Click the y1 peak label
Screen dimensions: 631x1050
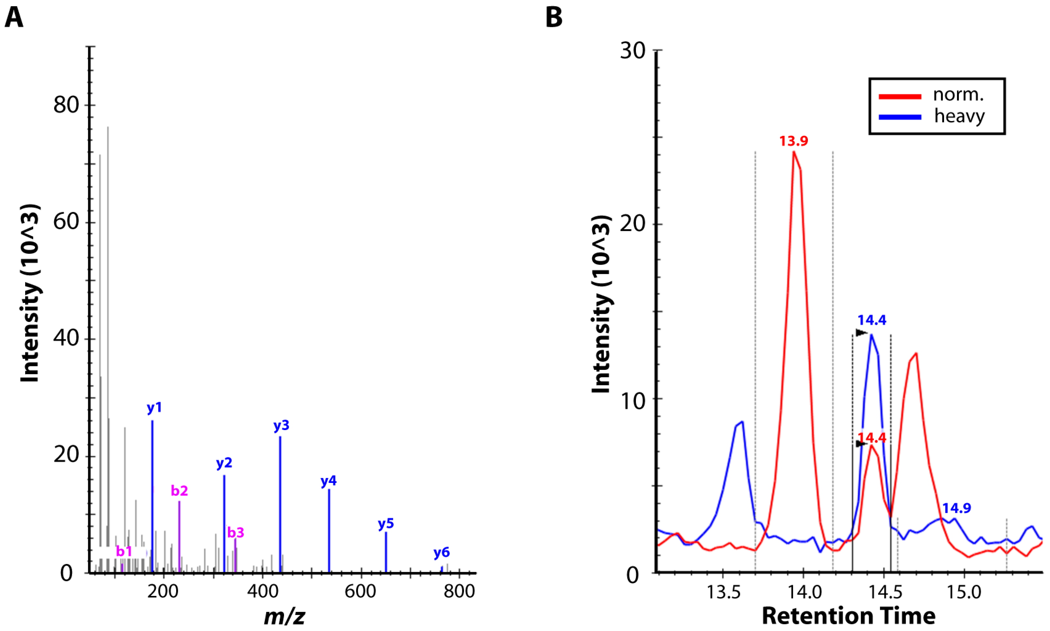click(x=154, y=408)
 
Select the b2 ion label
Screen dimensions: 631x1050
click(x=179, y=491)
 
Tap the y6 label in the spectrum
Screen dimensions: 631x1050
click(x=441, y=552)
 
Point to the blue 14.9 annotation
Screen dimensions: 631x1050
click(x=956, y=508)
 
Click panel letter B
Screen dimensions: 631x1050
click(x=554, y=18)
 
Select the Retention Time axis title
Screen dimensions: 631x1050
click(x=849, y=615)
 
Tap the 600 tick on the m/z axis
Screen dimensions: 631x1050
click(x=360, y=591)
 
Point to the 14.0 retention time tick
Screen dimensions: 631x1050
click(x=803, y=591)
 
